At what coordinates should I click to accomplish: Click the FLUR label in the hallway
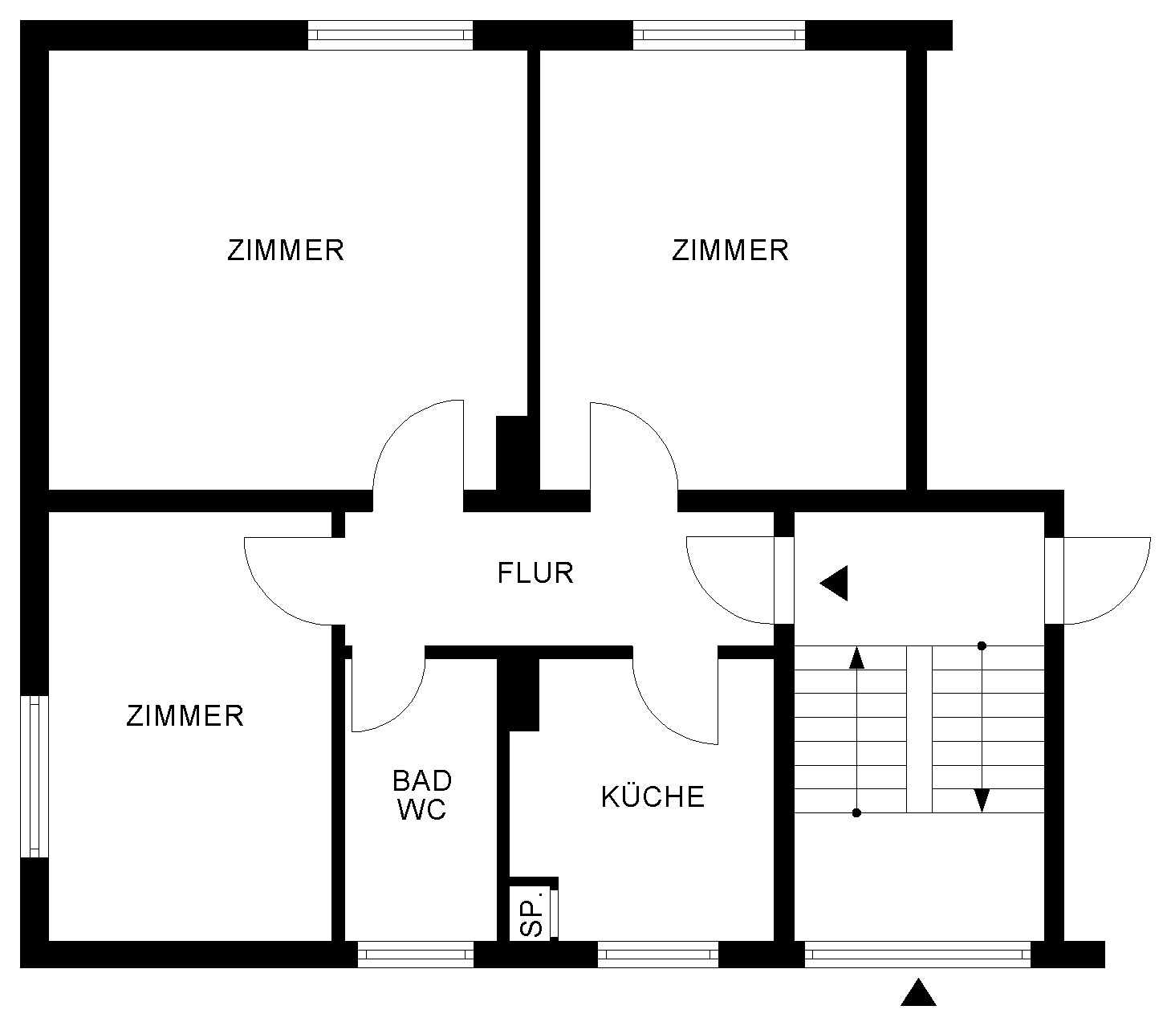point(535,573)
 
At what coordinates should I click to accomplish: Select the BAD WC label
point(422,796)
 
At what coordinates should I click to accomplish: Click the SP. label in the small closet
point(532,919)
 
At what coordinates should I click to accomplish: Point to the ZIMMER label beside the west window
point(185,716)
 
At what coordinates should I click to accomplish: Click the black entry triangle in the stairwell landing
point(834,583)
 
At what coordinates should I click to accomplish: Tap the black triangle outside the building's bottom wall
point(918,992)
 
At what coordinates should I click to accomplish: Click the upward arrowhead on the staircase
point(856,658)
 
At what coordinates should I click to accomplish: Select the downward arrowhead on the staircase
point(982,800)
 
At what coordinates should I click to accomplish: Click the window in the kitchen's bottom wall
point(657,955)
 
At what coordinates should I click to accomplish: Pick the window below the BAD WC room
point(416,955)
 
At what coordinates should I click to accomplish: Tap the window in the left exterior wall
point(35,776)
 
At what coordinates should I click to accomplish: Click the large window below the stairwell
point(917,955)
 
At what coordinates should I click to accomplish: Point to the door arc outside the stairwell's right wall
point(1124,598)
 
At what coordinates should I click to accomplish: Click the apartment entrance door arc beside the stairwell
point(713,598)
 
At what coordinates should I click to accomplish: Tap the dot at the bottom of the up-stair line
point(856,813)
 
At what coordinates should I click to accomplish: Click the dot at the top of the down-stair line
point(982,645)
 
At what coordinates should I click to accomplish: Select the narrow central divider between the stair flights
point(919,729)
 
